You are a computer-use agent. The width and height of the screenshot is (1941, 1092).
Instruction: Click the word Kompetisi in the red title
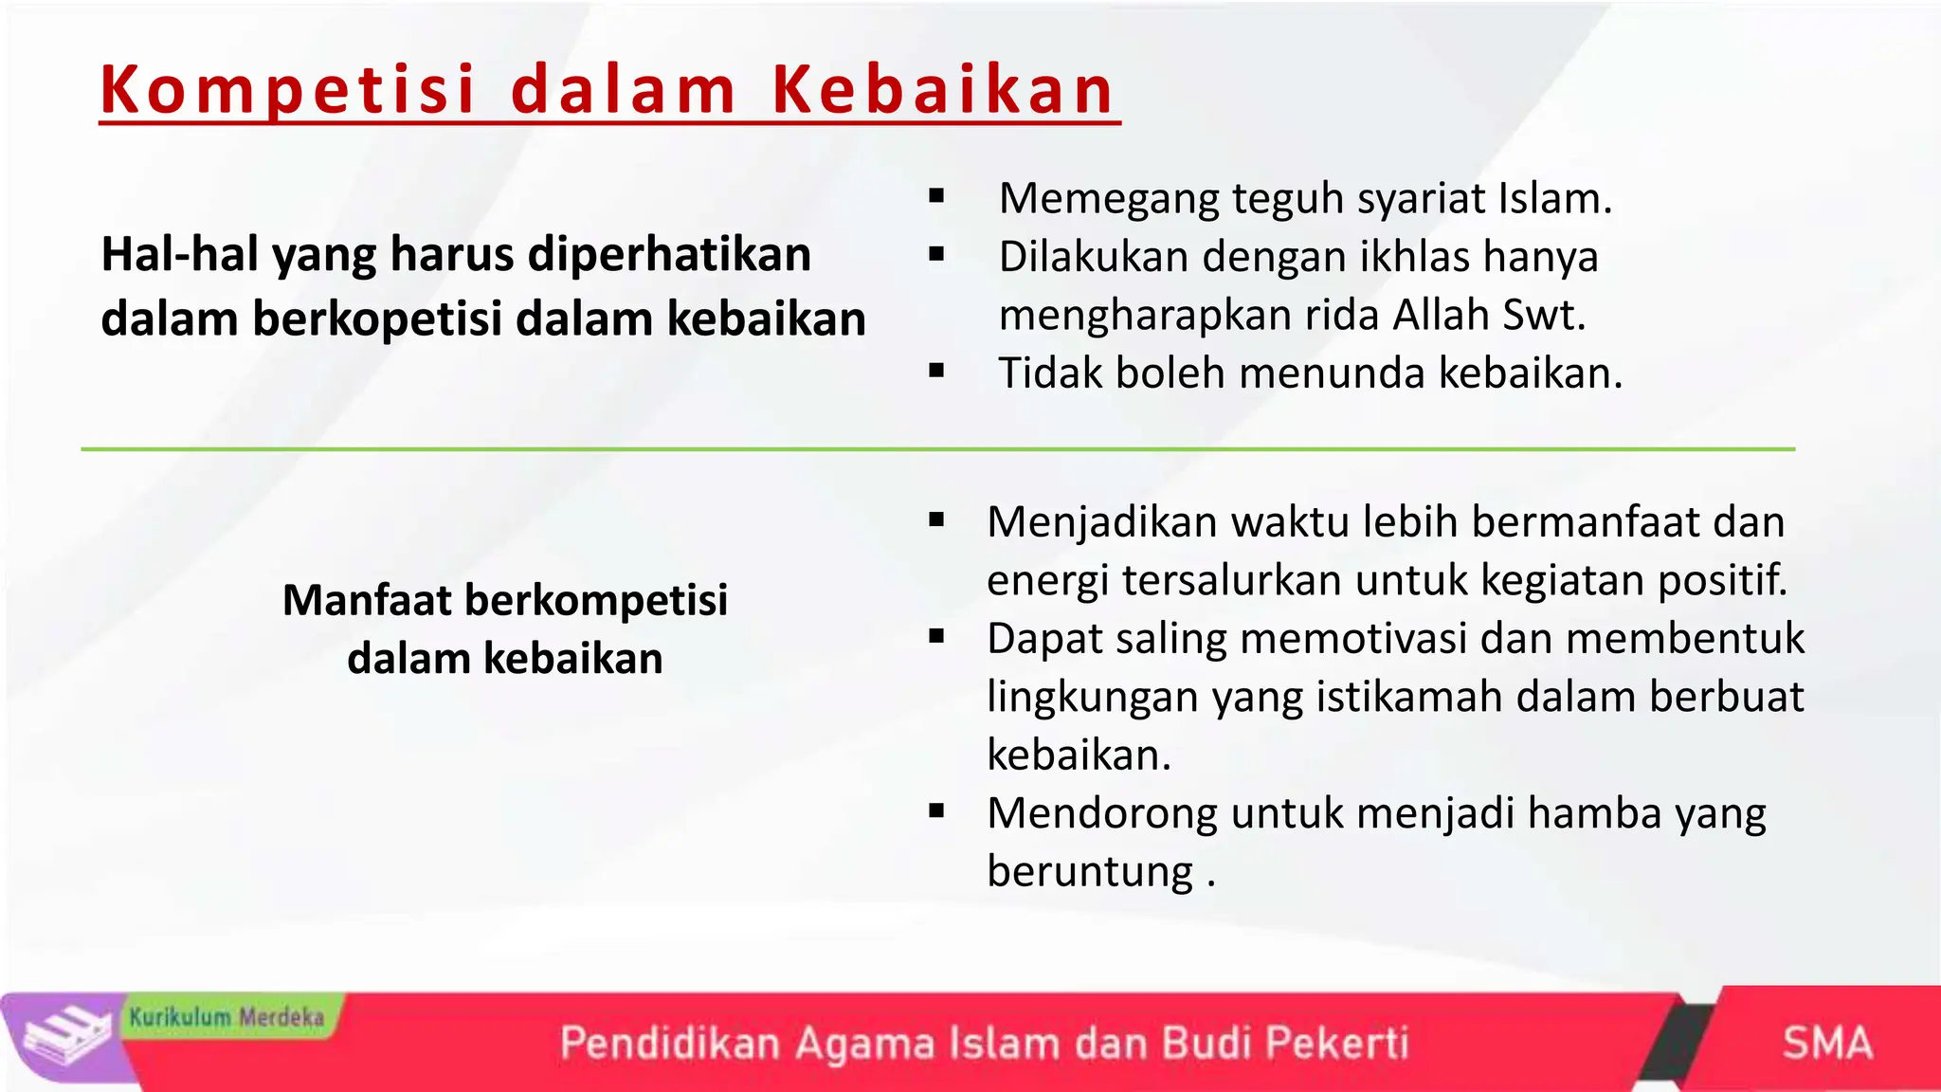pos(287,90)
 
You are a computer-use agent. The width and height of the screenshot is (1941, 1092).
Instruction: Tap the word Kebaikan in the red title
pos(943,90)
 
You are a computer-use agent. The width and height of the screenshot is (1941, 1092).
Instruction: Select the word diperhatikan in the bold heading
pos(669,254)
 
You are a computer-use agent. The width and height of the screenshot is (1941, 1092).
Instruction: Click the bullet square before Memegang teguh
pos(937,197)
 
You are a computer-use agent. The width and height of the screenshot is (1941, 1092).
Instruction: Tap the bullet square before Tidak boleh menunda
pos(937,372)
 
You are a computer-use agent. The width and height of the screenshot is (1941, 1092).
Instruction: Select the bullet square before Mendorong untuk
pos(937,811)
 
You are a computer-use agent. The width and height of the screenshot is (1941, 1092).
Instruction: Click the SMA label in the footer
pos(1827,1043)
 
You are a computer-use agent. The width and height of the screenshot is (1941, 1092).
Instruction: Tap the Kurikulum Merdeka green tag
pos(227,1017)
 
